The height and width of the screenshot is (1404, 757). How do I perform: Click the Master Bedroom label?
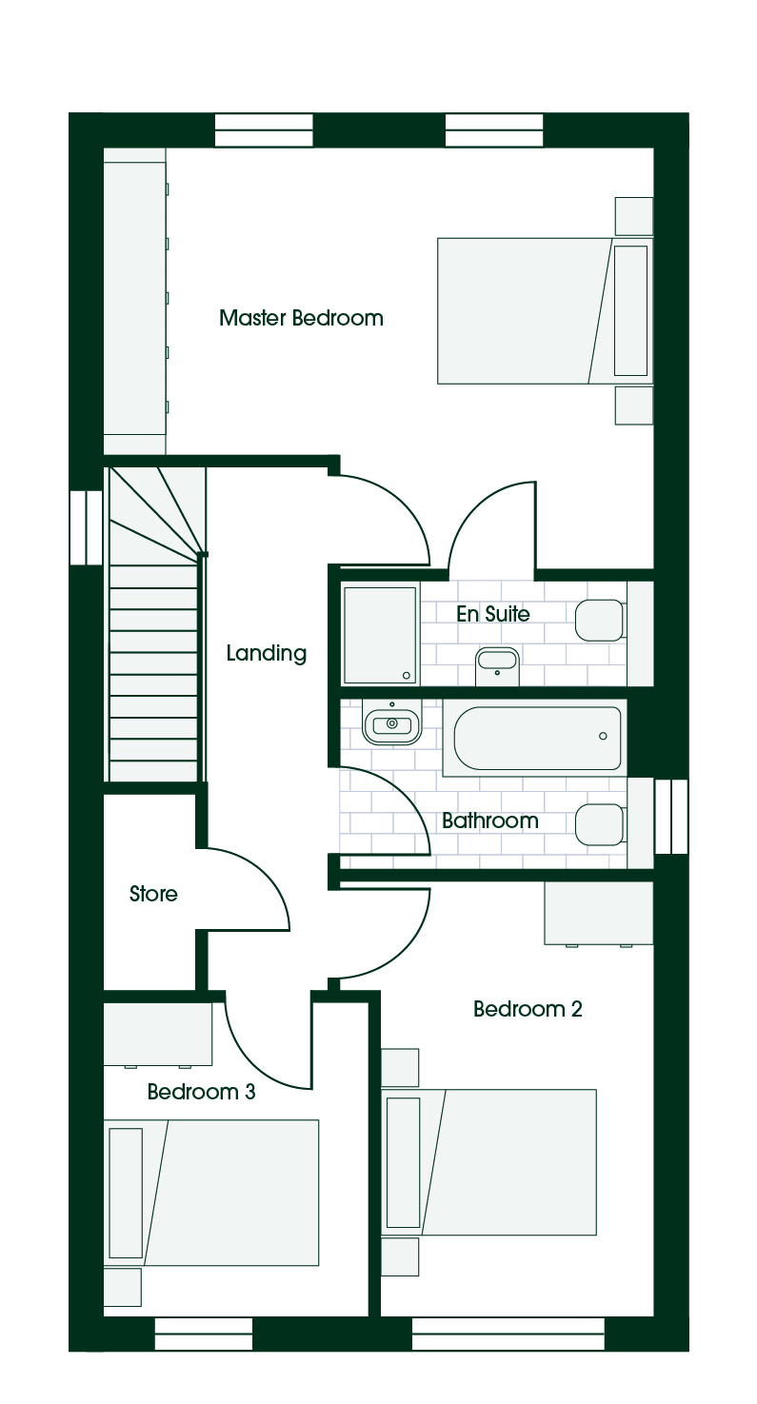pyautogui.click(x=301, y=318)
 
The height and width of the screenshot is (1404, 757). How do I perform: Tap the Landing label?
pyautogui.click(x=267, y=653)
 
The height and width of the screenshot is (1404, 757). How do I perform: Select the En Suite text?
pyautogui.click(x=493, y=614)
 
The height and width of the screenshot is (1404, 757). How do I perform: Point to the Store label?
pyautogui.click(x=153, y=893)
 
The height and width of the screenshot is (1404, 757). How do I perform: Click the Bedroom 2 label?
pyautogui.click(x=528, y=1008)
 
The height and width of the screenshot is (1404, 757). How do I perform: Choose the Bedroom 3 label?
pyautogui.click(x=201, y=1091)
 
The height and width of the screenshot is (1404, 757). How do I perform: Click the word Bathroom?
pyautogui.click(x=489, y=821)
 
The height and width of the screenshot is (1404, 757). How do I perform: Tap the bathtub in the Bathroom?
pyautogui.click(x=537, y=738)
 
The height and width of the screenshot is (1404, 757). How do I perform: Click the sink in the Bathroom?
pyautogui.click(x=392, y=724)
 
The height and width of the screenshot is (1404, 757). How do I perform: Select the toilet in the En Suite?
pyautogui.click(x=600, y=621)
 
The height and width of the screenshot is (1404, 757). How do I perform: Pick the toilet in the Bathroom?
pyautogui.click(x=600, y=825)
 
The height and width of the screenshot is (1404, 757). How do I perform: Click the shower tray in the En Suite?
pyautogui.click(x=380, y=635)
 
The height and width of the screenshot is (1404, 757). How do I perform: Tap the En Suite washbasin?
pyautogui.click(x=497, y=665)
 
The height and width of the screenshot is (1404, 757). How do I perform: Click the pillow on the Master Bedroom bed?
pyautogui.click(x=630, y=310)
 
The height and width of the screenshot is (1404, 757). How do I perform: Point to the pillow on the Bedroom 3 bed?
pyautogui.click(x=126, y=1193)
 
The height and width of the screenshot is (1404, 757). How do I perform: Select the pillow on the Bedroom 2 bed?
pyautogui.click(x=404, y=1162)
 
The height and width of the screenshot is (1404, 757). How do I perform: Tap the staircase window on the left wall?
pyautogui.click(x=87, y=527)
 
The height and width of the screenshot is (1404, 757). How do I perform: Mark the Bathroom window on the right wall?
pyautogui.click(x=671, y=816)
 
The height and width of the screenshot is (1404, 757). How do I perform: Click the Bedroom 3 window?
pyautogui.click(x=204, y=1334)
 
